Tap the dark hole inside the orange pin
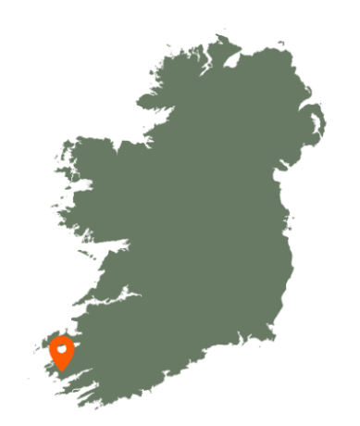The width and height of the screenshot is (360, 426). [62, 349]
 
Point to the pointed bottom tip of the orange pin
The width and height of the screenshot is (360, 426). [62, 370]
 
